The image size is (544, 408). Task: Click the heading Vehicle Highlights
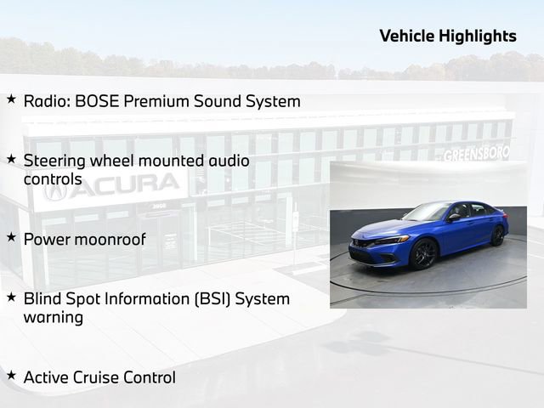point(447,36)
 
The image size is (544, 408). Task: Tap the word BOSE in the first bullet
point(97,101)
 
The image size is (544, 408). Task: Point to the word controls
point(53,179)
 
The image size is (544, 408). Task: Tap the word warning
point(54,318)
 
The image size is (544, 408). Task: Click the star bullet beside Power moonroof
point(11,237)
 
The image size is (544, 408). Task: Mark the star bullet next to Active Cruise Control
point(11,375)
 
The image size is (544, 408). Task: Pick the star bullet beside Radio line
point(11,99)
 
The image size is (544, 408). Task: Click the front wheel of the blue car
point(424,253)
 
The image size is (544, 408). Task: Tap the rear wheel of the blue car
point(497,235)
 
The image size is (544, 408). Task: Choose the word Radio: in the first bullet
point(47,101)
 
